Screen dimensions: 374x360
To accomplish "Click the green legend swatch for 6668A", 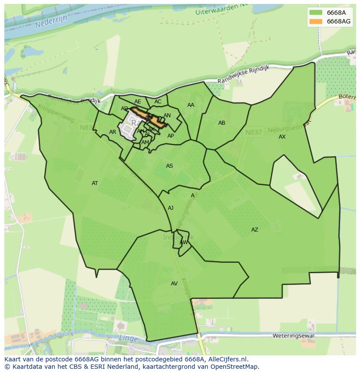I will (x=316, y=13).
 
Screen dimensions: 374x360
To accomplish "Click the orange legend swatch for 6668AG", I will (x=316, y=21).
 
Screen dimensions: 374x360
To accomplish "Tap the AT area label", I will (x=95, y=183).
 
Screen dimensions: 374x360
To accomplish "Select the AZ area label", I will (x=255, y=230).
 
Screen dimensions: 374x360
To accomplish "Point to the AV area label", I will (x=174, y=284).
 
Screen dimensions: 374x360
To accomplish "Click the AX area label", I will (x=282, y=137).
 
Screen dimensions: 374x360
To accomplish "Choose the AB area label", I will (x=222, y=123).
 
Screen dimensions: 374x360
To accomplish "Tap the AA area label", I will (x=191, y=105).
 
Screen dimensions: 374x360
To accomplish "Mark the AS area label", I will (x=170, y=166).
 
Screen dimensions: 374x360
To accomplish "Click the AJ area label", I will (x=171, y=208).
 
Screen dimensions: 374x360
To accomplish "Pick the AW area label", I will (x=184, y=242).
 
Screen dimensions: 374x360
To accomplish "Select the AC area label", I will (x=158, y=102).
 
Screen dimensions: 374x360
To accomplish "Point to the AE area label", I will (x=138, y=102).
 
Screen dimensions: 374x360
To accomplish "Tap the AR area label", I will (x=113, y=132).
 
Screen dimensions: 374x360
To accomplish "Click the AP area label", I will (x=171, y=136).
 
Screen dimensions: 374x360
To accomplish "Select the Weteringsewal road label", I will (x=293, y=336).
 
